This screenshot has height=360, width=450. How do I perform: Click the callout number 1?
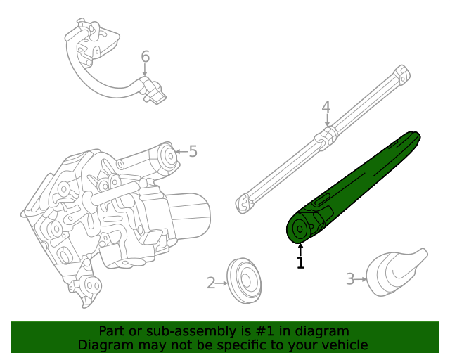[301, 263]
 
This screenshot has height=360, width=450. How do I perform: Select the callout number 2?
[211, 283]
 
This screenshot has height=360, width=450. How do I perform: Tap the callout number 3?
[350, 279]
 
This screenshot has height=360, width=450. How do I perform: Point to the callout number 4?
[326, 108]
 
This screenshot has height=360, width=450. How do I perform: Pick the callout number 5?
[193, 151]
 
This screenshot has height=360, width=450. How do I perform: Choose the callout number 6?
[146, 56]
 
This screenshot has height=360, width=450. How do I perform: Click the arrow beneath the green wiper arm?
[301, 249]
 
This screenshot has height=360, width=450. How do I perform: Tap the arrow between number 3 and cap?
[361, 279]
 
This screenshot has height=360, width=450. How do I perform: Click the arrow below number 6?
[146, 70]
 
